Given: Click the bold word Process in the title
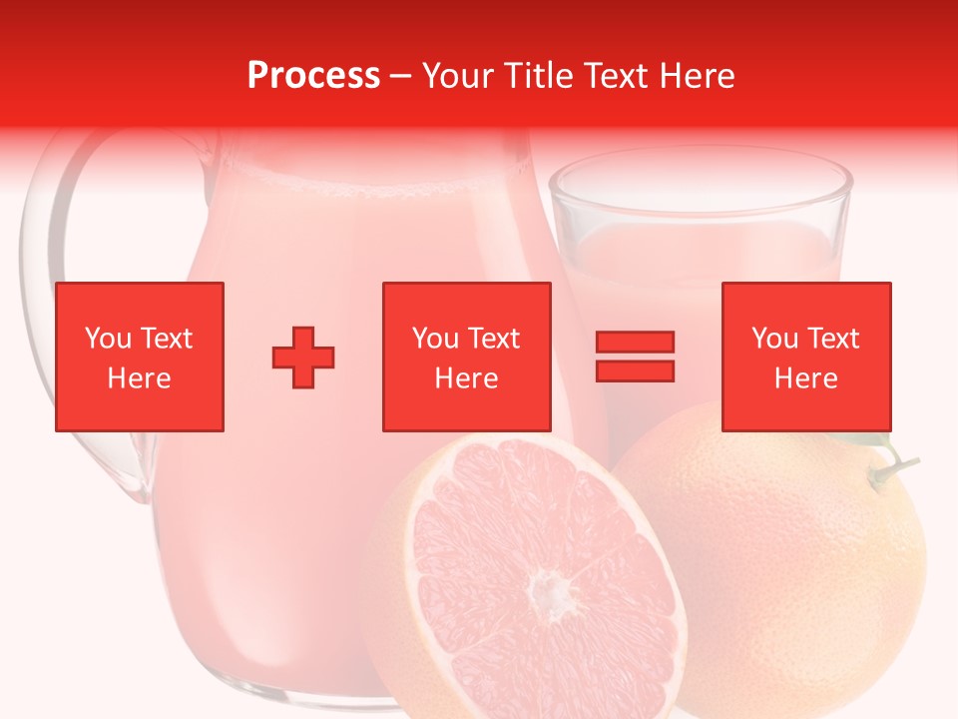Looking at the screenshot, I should pos(313,75).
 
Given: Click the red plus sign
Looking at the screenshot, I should pos(303,357).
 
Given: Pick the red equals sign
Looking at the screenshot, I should pos(635,357).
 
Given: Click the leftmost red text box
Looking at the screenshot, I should pos(140,357).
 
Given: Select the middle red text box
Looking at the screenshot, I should pos(466,357).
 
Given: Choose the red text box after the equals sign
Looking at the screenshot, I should pos(806,357).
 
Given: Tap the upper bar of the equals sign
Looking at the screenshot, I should pos(635,343).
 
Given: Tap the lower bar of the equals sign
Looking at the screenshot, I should pos(635,370).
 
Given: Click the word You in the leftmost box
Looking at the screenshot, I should pos(107,339).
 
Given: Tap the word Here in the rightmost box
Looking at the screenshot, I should pos(806,378).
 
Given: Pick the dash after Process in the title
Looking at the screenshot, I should pos(401,76).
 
